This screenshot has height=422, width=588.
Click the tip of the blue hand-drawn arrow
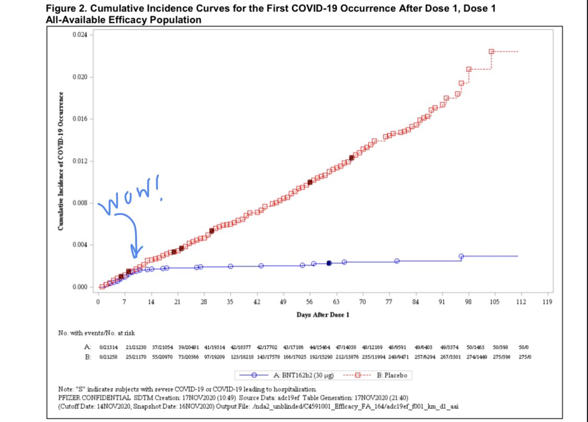pos(135,256)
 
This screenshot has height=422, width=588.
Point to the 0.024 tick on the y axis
pos(84,35)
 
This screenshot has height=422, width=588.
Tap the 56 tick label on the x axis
pos(309,302)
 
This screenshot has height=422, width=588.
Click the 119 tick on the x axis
pos(547,302)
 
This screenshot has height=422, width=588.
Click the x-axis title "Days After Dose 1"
pos(323,314)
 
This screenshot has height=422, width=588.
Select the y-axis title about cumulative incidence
pos(62,161)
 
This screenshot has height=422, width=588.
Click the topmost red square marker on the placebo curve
pos(491,52)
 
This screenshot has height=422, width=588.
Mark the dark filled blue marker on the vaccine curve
pos(329,263)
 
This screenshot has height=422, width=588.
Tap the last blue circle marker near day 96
pos(461,256)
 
